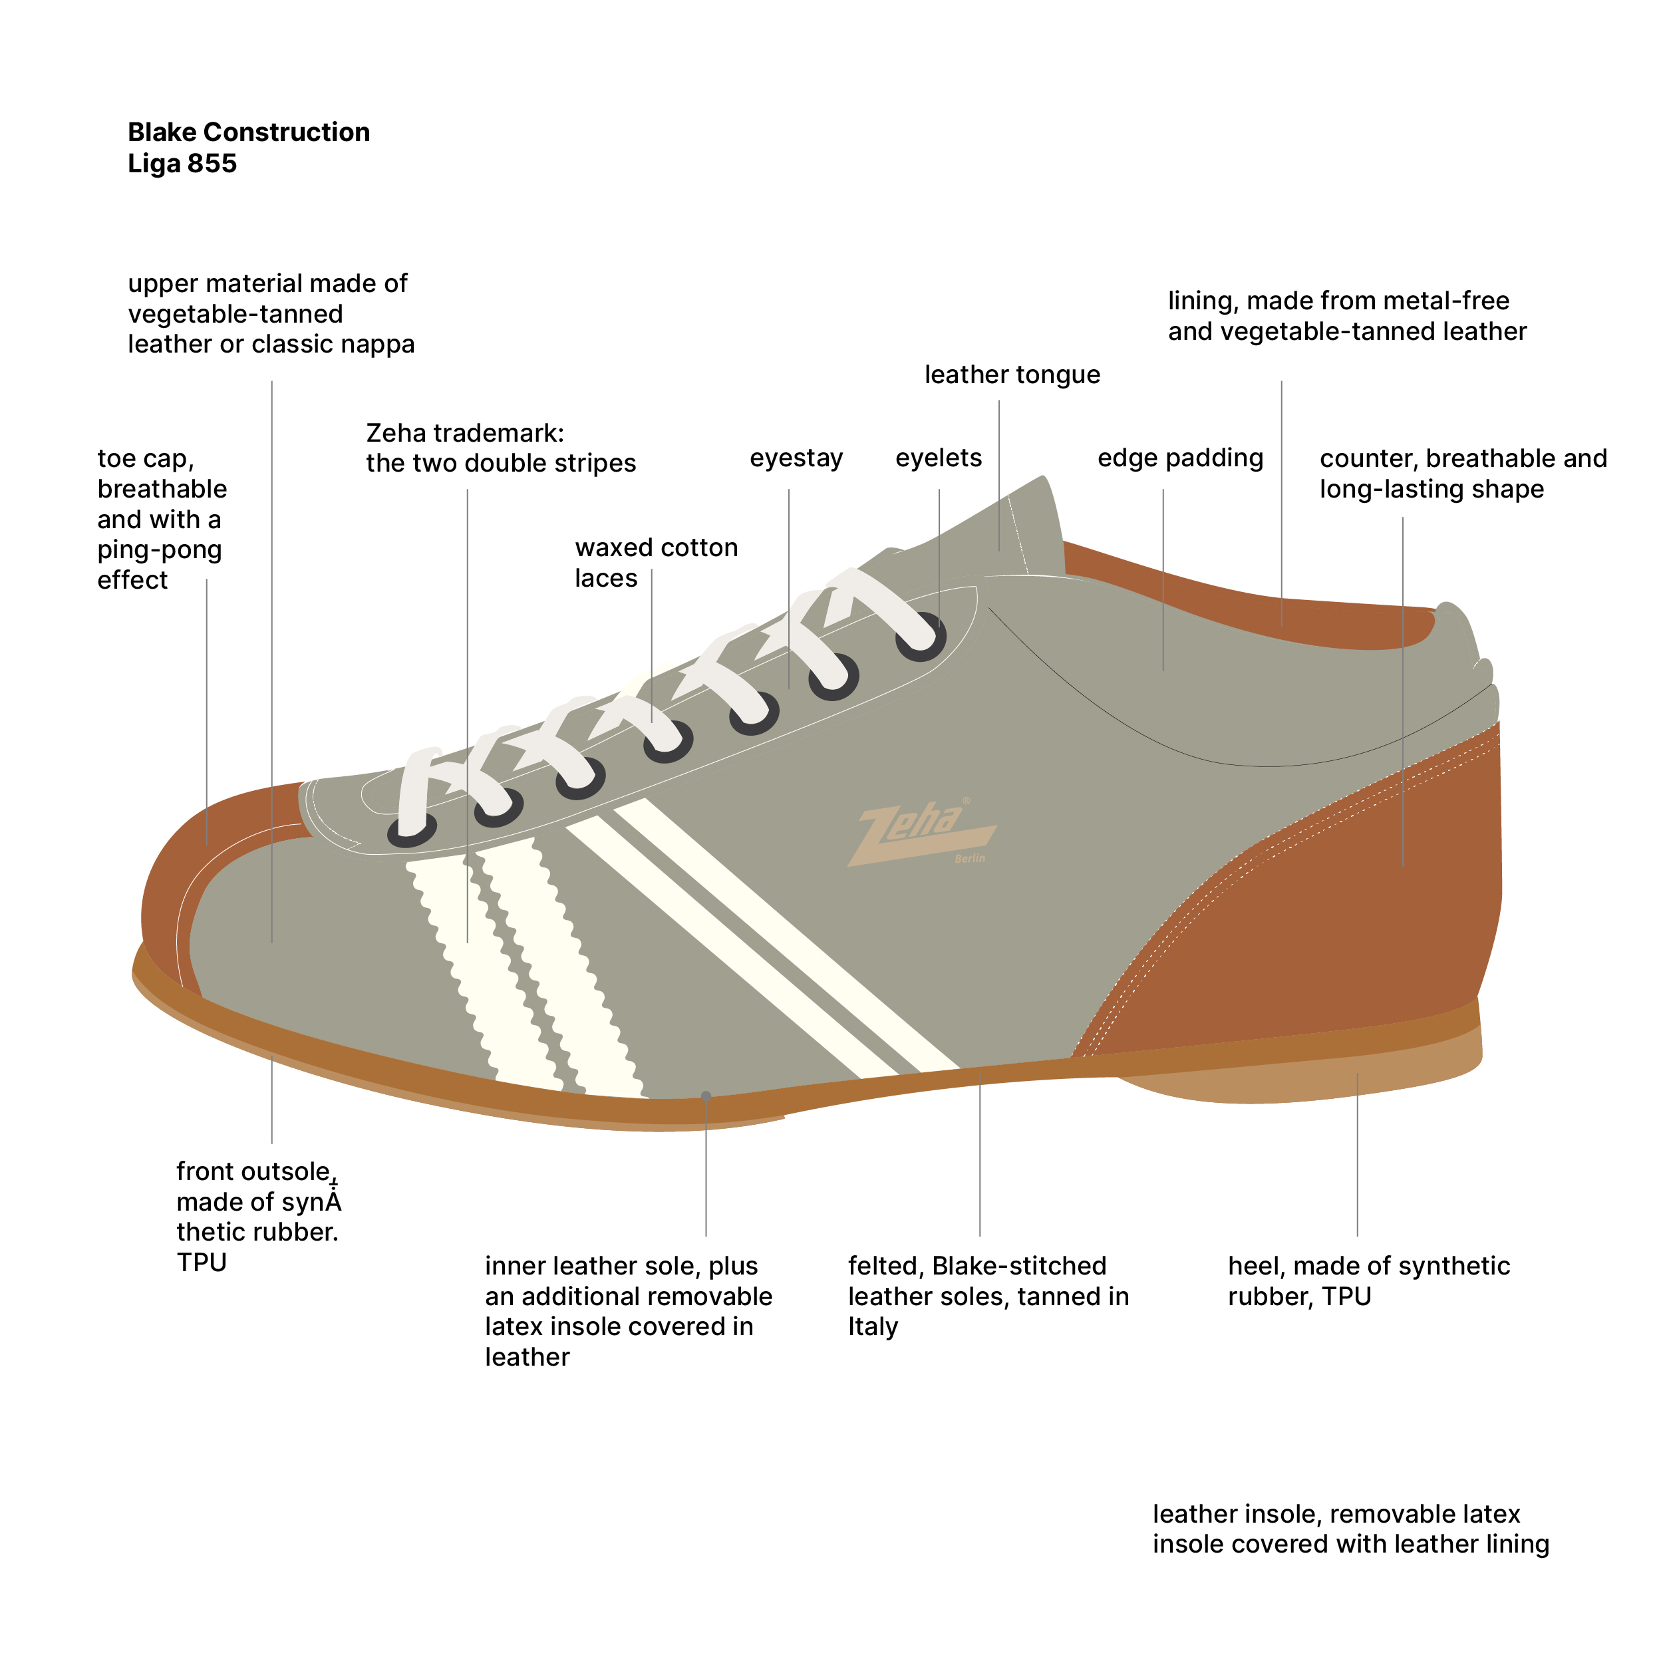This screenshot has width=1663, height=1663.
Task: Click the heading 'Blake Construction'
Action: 249,132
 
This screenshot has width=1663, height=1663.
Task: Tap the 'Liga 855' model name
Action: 182,164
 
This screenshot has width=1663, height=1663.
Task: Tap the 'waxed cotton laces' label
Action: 655,562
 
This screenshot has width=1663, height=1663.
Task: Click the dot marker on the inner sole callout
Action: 706,1096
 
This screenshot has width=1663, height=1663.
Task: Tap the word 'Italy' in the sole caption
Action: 872,1326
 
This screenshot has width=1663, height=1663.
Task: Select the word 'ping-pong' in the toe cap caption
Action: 159,549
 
